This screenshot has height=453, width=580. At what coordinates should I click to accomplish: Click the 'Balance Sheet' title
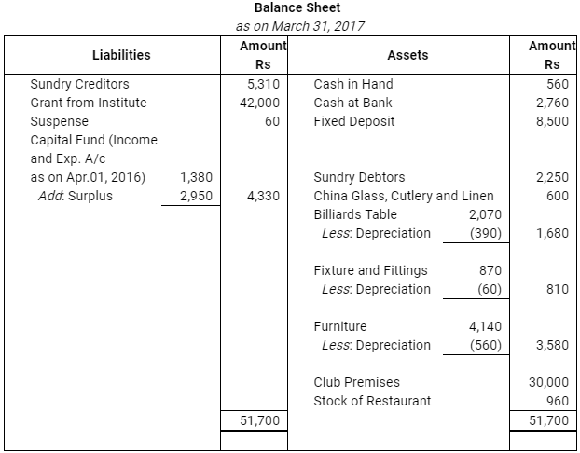[x=289, y=8]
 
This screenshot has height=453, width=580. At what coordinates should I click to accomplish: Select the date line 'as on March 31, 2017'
[x=289, y=26]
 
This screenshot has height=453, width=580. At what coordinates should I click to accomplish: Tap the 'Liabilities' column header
[x=121, y=55]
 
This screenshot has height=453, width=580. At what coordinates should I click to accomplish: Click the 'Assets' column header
[x=407, y=55]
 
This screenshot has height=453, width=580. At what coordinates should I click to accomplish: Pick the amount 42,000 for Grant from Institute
[x=261, y=103]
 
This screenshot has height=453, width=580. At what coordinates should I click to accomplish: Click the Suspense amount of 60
[x=272, y=121]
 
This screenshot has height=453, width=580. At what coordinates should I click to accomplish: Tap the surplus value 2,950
[x=196, y=196]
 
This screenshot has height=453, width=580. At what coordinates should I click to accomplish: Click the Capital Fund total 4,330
[x=264, y=196]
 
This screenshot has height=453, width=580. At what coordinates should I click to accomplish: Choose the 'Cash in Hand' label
[x=353, y=84]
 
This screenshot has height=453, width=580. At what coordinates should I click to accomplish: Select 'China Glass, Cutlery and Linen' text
[x=404, y=196]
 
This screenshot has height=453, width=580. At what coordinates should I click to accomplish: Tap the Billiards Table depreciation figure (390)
[x=487, y=233]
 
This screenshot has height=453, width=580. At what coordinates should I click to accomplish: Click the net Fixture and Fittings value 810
[x=558, y=289]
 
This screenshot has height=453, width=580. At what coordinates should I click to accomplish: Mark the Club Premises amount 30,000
[x=549, y=382]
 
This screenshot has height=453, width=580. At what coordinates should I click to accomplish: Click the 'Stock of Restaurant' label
[x=373, y=401]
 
